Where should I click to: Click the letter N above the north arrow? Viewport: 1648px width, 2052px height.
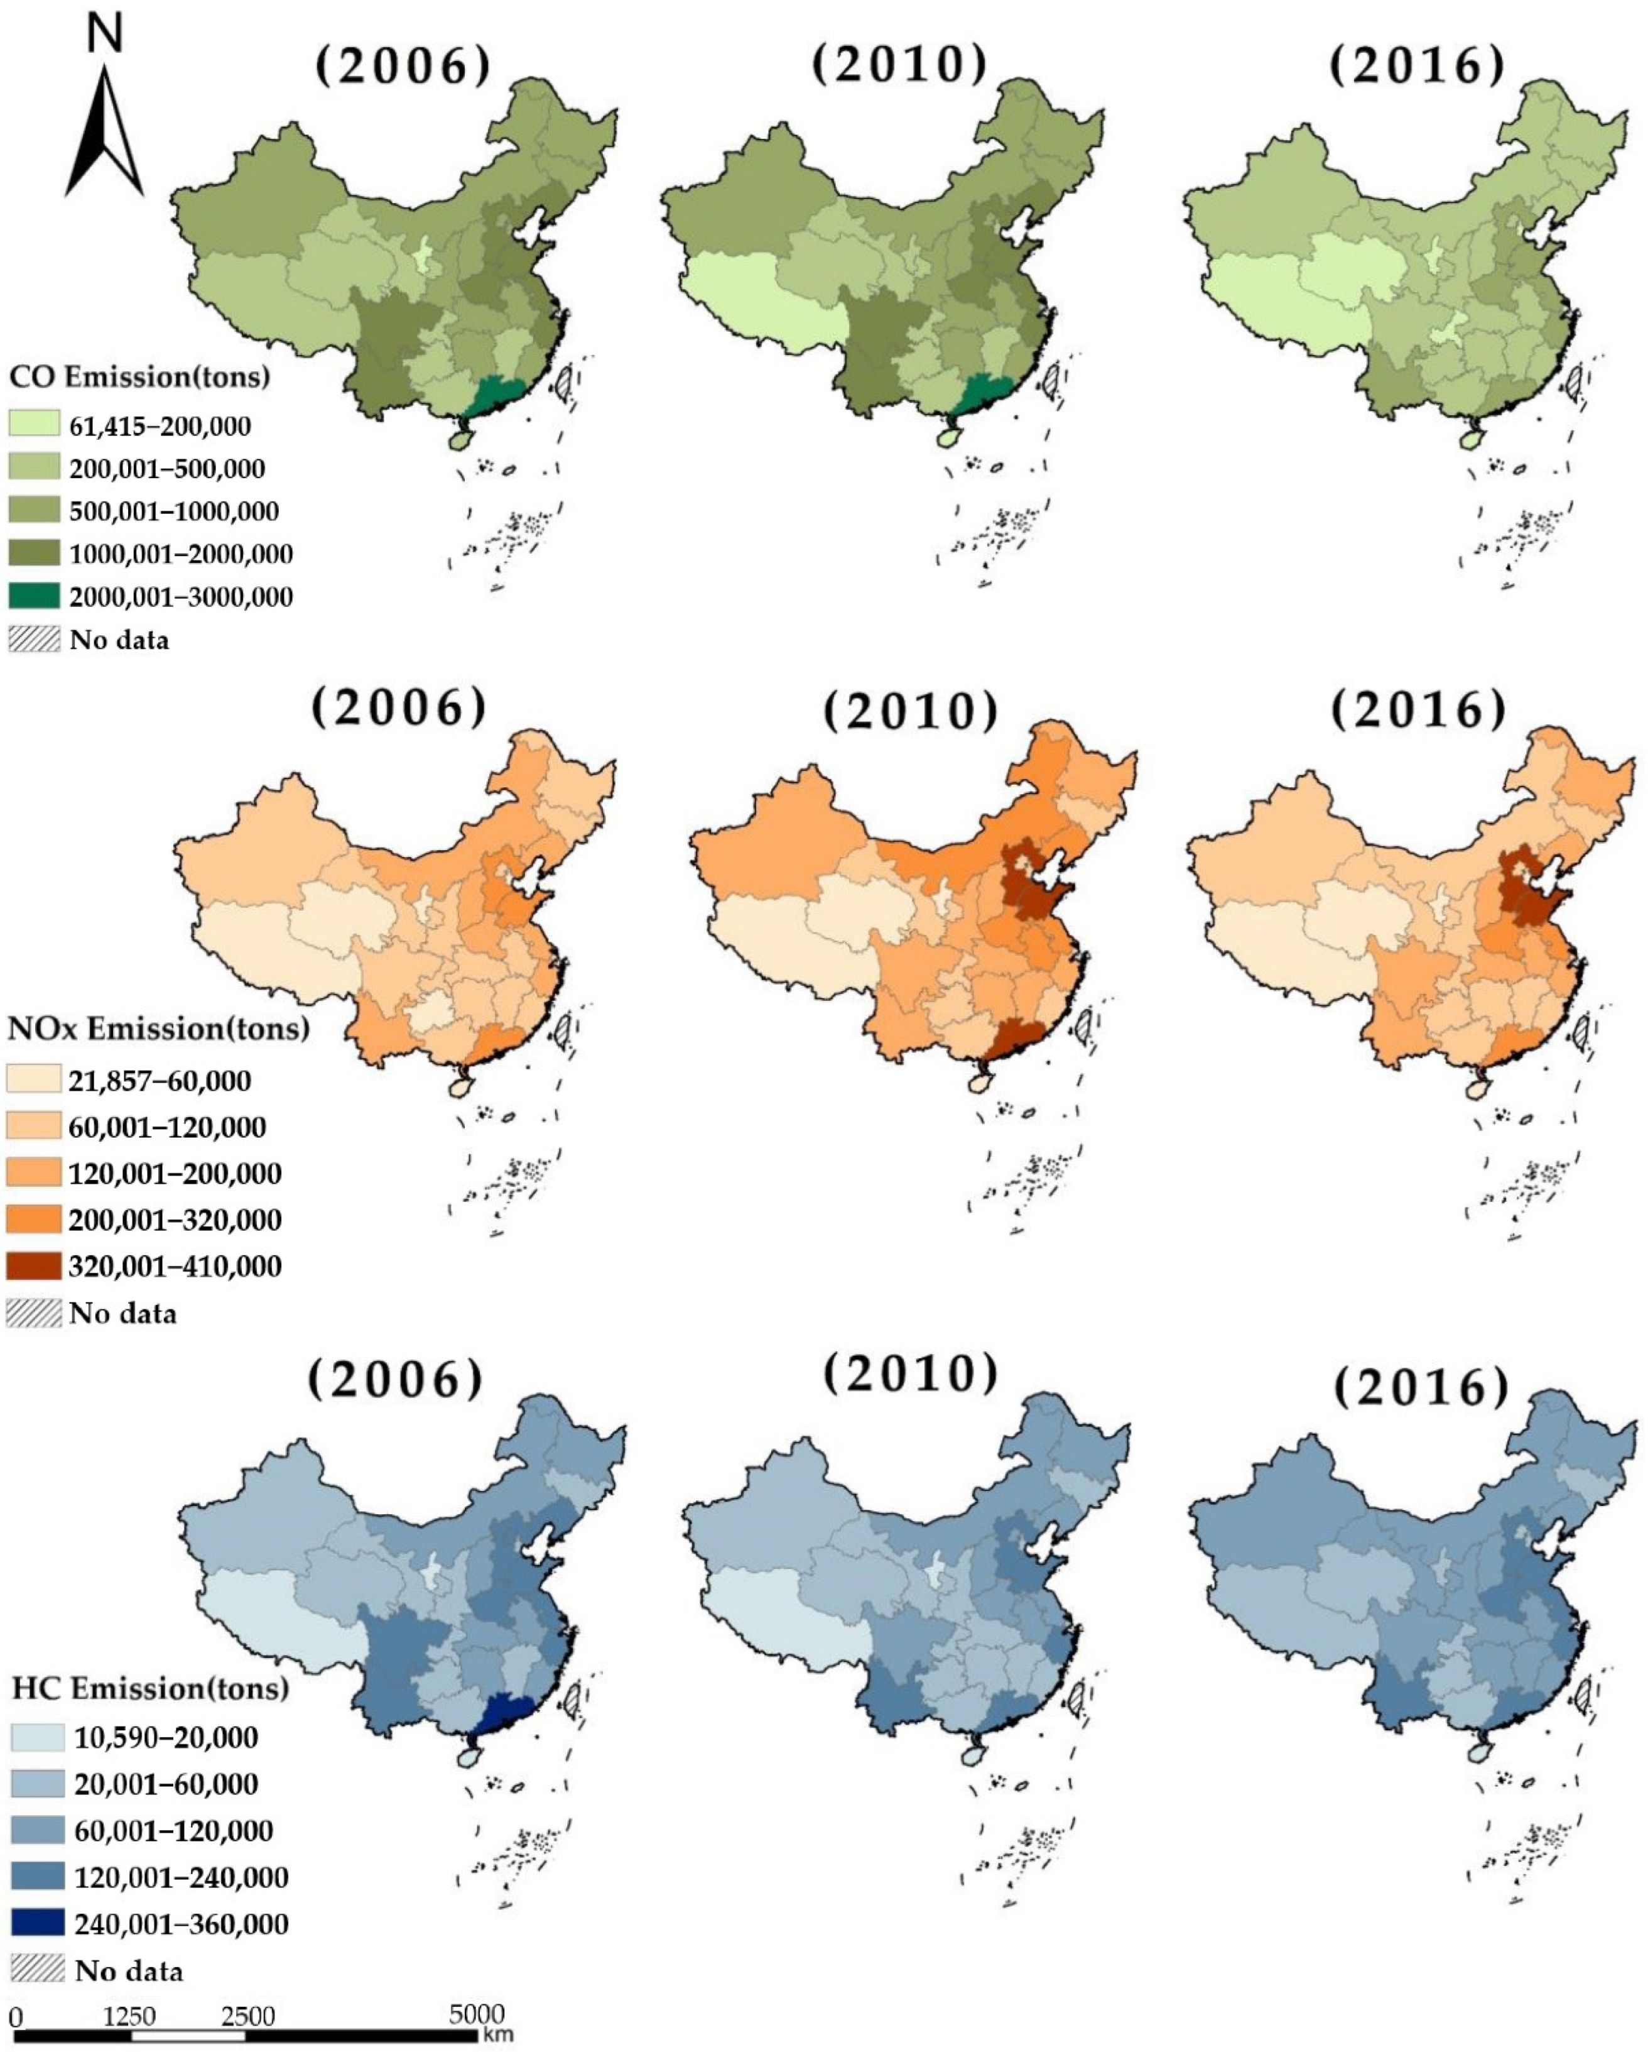click(x=105, y=33)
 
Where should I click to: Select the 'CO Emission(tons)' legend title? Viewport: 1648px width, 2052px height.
click(x=139, y=377)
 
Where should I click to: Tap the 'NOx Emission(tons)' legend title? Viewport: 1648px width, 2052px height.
click(x=158, y=1029)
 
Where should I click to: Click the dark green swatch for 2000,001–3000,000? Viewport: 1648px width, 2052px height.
click(x=35, y=597)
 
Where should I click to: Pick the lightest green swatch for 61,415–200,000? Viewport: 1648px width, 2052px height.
click(x=35, y=425)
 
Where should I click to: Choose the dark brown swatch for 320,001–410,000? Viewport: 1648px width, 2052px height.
click(x=35, y=1266)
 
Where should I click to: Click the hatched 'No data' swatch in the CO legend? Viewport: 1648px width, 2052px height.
click(x=35, y=640)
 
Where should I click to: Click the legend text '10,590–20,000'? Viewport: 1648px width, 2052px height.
click(x=166, y=1738)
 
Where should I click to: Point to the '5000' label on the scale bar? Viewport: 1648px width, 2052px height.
click(x=477, y=2014)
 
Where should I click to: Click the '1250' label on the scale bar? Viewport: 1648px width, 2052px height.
click(x=129, y=2016)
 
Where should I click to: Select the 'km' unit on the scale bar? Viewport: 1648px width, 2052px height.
click(x=497, y=2035)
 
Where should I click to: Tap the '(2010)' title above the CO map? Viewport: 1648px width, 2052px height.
click(x=899, y=65)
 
